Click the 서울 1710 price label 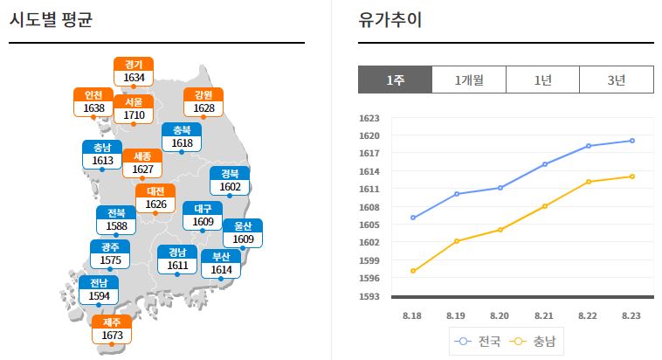[134, 108]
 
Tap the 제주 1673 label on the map [112, 329]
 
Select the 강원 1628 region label [203, 101]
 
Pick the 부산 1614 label [220, 264]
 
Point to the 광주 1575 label [110, 254]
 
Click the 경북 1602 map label [230, 181]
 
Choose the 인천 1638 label [93, 101]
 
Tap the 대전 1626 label [155, 197]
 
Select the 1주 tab [395, 80]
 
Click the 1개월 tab [469, 80]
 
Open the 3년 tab [617, 80]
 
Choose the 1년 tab [542, 80]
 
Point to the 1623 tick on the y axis [369, 118]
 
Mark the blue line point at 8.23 [632, 141]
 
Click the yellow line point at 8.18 [412, 271]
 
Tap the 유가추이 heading [390, 19]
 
